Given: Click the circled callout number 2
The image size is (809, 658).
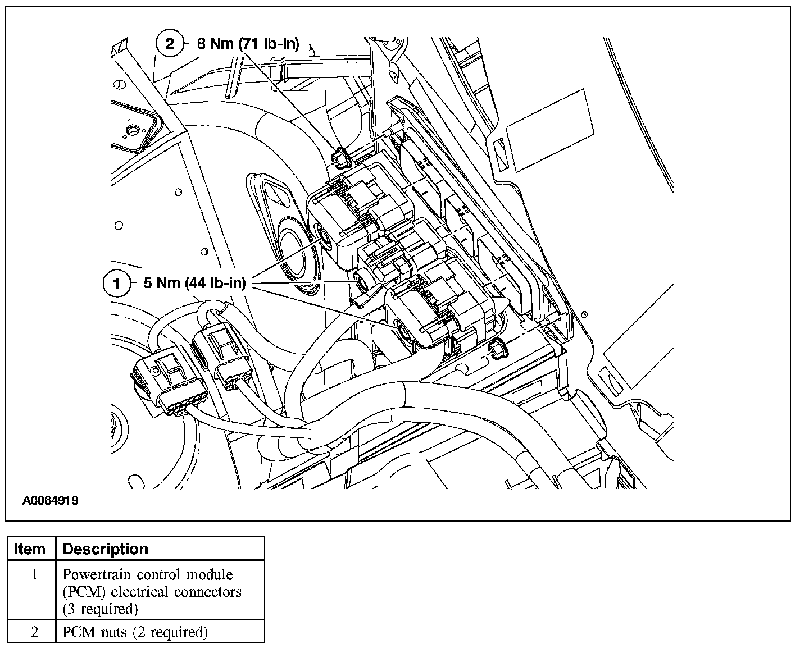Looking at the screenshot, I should click(x=170, y=43).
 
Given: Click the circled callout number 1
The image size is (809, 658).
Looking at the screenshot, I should click(x=117, y=284).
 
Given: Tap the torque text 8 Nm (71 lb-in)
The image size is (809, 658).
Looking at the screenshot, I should click(x=248, y=43).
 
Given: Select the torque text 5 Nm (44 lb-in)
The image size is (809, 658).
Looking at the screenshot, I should click(x=194, y=284).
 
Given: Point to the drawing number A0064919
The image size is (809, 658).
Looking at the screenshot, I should click(x=50, y=501).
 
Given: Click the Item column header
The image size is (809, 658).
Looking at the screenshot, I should click(x=30, y=549).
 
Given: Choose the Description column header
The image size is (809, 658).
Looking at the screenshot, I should click(x=106, y=549).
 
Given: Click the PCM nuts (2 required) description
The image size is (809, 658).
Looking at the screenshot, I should click(x=135, y=632).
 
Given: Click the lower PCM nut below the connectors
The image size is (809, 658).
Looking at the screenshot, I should click(x=497, y=350).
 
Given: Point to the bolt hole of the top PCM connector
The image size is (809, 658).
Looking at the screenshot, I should click(x=325, y=235).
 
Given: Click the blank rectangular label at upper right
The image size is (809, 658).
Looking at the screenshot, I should click(x=550, y=130).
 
